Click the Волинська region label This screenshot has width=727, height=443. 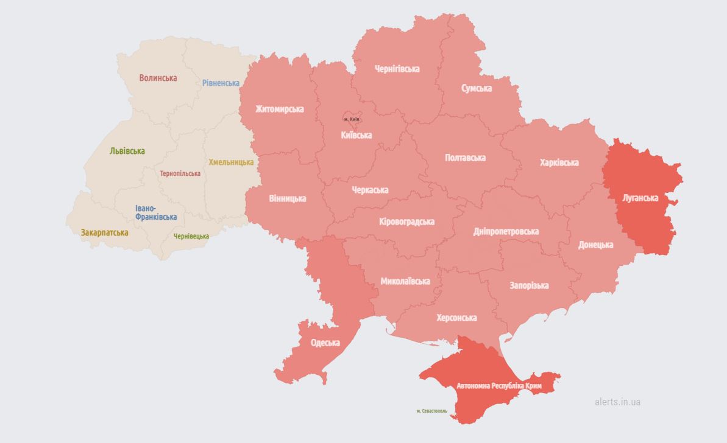pos(158,78)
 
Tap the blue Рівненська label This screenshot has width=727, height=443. pos(221,83)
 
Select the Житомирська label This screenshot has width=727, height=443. pos(279,109)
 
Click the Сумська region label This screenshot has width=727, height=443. pos(477,88)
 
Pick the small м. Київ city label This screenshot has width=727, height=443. pos(352,119)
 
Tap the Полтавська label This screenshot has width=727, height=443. pos(465,158)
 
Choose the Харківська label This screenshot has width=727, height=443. pos(559,162)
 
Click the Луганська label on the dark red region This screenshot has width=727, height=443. pos(640,198)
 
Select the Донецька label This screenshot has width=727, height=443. pos(595,245)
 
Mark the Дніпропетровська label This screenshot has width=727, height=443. pos(506,231)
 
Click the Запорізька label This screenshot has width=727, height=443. pos(529,285)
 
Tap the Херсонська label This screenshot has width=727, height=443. pos(456,318)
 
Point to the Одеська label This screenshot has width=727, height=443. pos(325,343)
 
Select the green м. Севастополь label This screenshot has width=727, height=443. pos(431,411)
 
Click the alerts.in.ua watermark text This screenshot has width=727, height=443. pos(617,402)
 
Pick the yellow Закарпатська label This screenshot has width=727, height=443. pos(104,232)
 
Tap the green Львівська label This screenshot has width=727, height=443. pos(127,151)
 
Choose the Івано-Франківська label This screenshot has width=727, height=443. pos(156,212)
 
